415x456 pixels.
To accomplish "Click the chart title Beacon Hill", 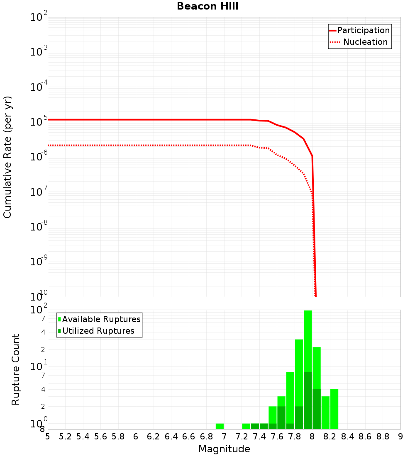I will click(x=207, y=6).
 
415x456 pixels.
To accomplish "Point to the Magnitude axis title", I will click(x=224, y=449).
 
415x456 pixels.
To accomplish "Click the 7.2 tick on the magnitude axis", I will click(x=242, y=436).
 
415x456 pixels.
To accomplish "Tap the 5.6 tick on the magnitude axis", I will click(x=101, y=436).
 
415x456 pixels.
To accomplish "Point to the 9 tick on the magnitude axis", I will click(x=400, y=436).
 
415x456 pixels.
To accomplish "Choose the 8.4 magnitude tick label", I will click(x=347, y=436).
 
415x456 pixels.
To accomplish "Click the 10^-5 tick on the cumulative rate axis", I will click(x=39, y=121).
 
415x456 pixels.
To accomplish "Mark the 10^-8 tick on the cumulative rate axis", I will click(x=39, y=226).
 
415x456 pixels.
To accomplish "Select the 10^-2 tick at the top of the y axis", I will click(x=39, y=17).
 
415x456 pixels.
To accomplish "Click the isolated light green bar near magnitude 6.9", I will click(x=220, y=426).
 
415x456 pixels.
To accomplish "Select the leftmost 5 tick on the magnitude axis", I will click(x=48, y=436).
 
